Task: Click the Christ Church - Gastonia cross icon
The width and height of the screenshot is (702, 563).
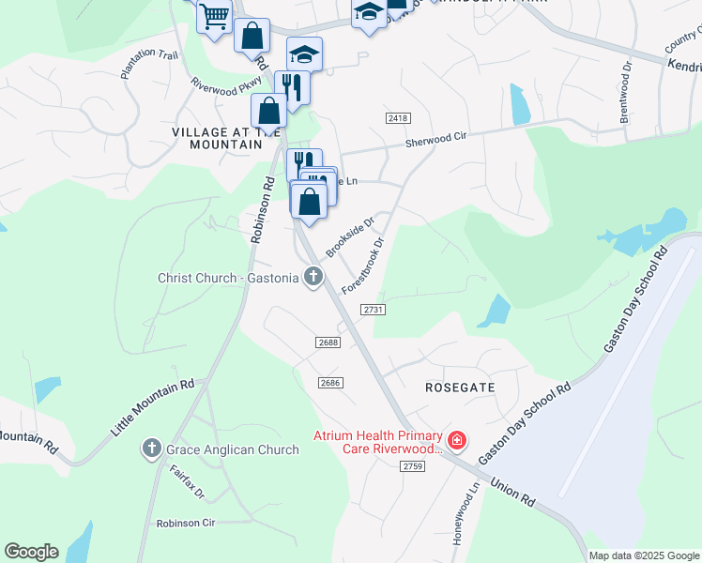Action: (313, 277)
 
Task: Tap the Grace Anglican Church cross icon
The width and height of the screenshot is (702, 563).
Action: (152, 449)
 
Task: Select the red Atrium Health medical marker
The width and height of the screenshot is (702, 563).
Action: (457, 439)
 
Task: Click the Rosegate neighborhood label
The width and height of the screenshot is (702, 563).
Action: (460, 387)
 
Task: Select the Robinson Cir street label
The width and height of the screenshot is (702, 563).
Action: (186, 523)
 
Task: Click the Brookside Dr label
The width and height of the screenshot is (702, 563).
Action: (350, 236)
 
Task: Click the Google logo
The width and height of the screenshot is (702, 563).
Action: (31, 552)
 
